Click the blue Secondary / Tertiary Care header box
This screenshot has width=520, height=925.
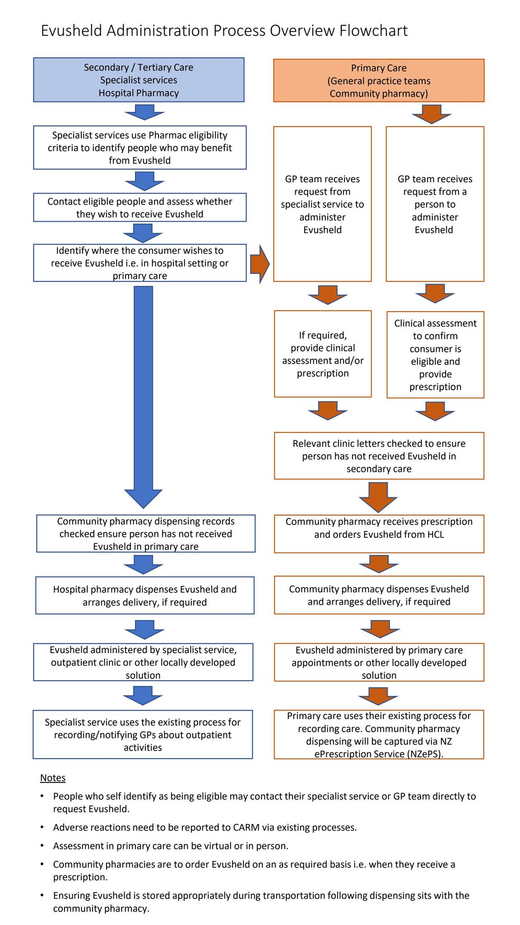click(139, 80)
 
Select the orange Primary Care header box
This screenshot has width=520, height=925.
click(378, 80)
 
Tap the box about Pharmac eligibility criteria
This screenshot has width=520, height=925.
click(139, 148)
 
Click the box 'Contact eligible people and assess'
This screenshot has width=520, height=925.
click(139, 208)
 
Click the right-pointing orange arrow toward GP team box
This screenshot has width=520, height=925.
click(260, 264)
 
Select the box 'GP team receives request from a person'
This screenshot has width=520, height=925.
click(434, 204)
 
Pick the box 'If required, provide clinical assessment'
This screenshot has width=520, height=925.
click(322, 354)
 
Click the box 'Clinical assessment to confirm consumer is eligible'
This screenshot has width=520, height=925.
click(435, 355)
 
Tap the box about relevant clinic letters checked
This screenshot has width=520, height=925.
click(379, 456)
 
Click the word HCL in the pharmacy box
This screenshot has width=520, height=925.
click(435, 534)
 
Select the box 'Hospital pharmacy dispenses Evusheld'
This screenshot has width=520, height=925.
click(144, 595)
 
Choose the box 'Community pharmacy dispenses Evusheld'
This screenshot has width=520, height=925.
click(379, 595)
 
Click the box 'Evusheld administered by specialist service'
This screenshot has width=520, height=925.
click(143, 662)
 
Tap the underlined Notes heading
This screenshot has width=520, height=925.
click(53, 778)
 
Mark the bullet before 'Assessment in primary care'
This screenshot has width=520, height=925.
click(42, 846)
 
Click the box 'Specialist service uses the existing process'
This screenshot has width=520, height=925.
click(143, 734)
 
